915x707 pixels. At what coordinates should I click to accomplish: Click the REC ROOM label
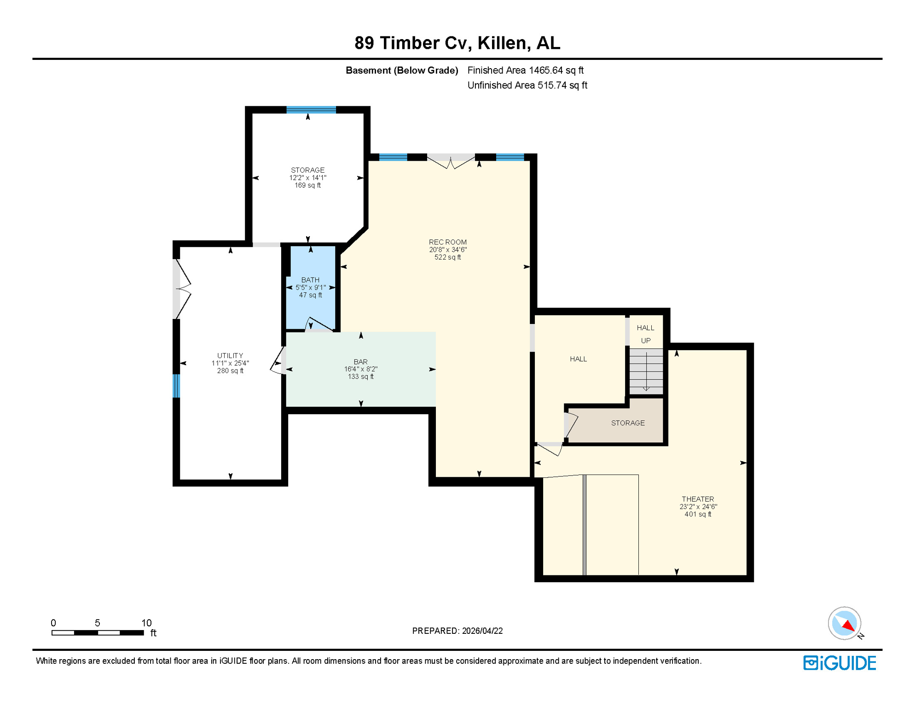(x=447, y=242)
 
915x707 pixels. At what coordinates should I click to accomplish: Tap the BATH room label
(x=310, y=280)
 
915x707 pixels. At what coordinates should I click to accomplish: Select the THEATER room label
(x=697, y=499)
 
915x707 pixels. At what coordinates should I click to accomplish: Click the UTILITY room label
(x=230, y=356)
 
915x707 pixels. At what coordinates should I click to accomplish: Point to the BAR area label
(x=360, y=362)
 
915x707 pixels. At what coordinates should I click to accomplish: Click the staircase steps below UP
(x=646, y=371)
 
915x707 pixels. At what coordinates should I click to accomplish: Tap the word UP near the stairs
(x=646, y=341)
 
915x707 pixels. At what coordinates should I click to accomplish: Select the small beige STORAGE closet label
(x=627, y=423)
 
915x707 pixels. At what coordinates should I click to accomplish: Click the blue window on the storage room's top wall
(x=311, y=110)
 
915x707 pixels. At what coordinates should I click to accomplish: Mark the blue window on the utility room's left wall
(x=176, y=386)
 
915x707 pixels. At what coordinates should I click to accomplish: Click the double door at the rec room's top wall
(x=451, y=161)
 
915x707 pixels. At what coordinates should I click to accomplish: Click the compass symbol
(x=844, y=623)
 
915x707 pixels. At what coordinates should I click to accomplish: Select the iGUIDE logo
(x=840, y=663)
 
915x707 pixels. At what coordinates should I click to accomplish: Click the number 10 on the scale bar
(x=146, y=623)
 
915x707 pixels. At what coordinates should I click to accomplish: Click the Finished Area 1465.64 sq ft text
(x=525, y=70)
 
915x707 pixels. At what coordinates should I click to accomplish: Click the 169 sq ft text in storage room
(x=307, y=185)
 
